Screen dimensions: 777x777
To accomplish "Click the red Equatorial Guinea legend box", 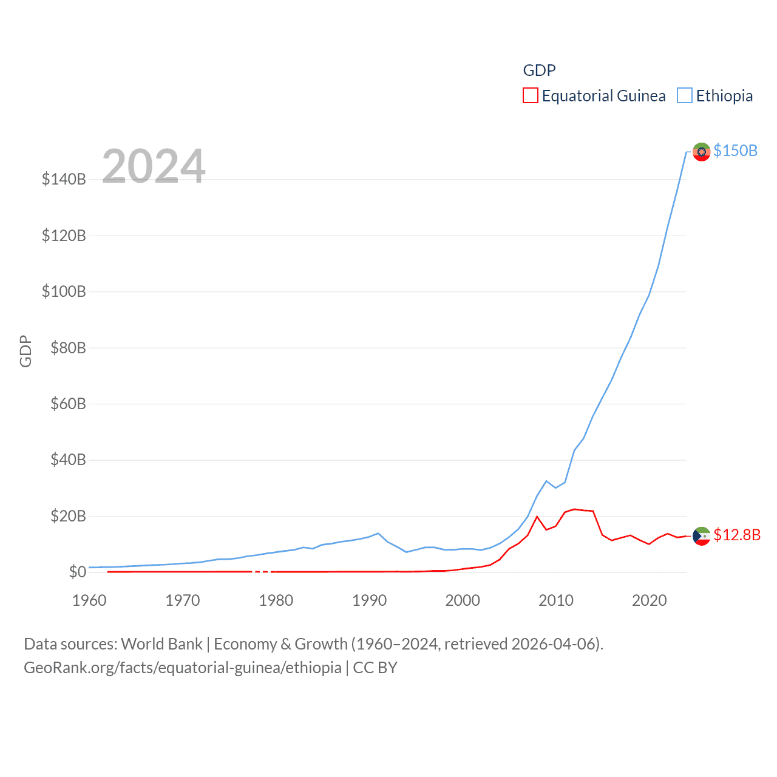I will coord(530,96).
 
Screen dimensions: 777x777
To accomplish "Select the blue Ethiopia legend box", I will coord(684,96).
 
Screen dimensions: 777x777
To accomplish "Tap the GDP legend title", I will coord(539,70).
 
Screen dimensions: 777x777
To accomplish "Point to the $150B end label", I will coord(735,151).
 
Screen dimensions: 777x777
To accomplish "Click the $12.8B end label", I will coord(737,535).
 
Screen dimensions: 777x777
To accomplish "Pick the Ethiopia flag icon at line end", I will coord(701,152).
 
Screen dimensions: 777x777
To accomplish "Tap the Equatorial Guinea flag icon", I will coord(701,536).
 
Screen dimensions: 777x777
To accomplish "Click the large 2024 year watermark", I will coord(154,166).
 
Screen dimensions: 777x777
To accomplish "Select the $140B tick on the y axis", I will coord(64,179).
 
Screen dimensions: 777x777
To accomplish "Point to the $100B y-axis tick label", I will coord(64,291).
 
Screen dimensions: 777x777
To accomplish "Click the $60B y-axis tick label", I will coord(68,404).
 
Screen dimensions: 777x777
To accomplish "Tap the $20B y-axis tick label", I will coord(68,516).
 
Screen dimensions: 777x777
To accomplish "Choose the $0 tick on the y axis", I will coord(77,572).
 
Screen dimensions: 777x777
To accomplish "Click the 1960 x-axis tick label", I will coord(89,600).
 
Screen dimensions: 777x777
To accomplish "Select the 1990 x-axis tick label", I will coord(369,600).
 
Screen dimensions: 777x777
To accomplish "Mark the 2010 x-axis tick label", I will coord(556,600).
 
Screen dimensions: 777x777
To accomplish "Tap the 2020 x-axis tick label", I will coord(649,600).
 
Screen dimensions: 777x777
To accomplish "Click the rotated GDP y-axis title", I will coord(25,351).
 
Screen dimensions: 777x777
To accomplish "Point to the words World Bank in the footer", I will coord(161,644).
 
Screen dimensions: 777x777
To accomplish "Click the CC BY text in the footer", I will coord(375,668).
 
